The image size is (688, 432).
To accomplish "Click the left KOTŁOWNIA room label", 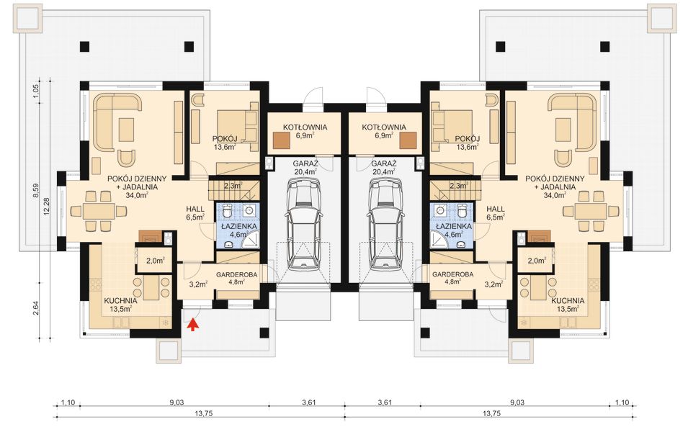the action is point(305,127).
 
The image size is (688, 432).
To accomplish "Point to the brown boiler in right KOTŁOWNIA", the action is point(408,140).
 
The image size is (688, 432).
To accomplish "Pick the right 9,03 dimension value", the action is point(517,402).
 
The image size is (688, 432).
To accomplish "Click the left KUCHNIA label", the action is point(120,301).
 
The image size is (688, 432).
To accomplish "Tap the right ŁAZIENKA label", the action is point(454,226).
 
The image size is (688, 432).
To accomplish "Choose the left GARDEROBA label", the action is point(236,274).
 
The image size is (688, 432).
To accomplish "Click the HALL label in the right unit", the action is point(496,210).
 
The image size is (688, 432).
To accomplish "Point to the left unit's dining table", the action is point(97,212).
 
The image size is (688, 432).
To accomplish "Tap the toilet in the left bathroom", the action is point(227,212).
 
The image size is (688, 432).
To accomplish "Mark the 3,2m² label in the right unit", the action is point(493,284).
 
